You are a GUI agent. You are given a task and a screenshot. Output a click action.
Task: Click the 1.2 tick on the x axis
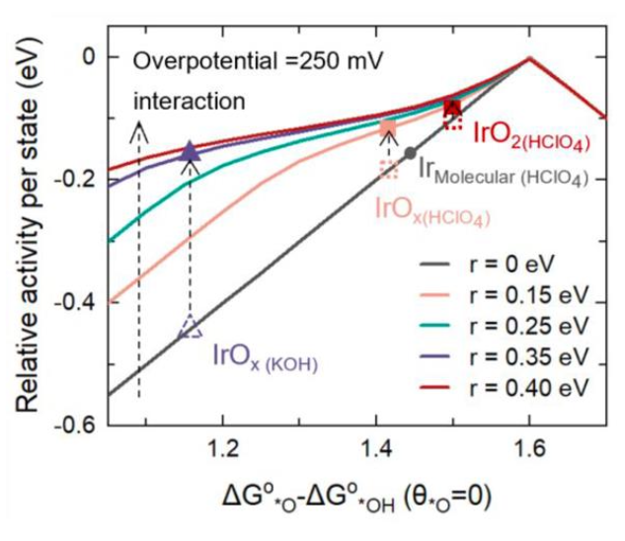pos(223,449)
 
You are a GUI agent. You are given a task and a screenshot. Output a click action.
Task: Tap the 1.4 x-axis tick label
pos(376,449)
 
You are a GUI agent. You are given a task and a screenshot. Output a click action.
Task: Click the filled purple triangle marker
pos(191,151)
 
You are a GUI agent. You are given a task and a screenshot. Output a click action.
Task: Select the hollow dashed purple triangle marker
pos(191,328)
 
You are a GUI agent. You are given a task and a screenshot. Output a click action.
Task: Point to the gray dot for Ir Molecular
pos(410,153)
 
